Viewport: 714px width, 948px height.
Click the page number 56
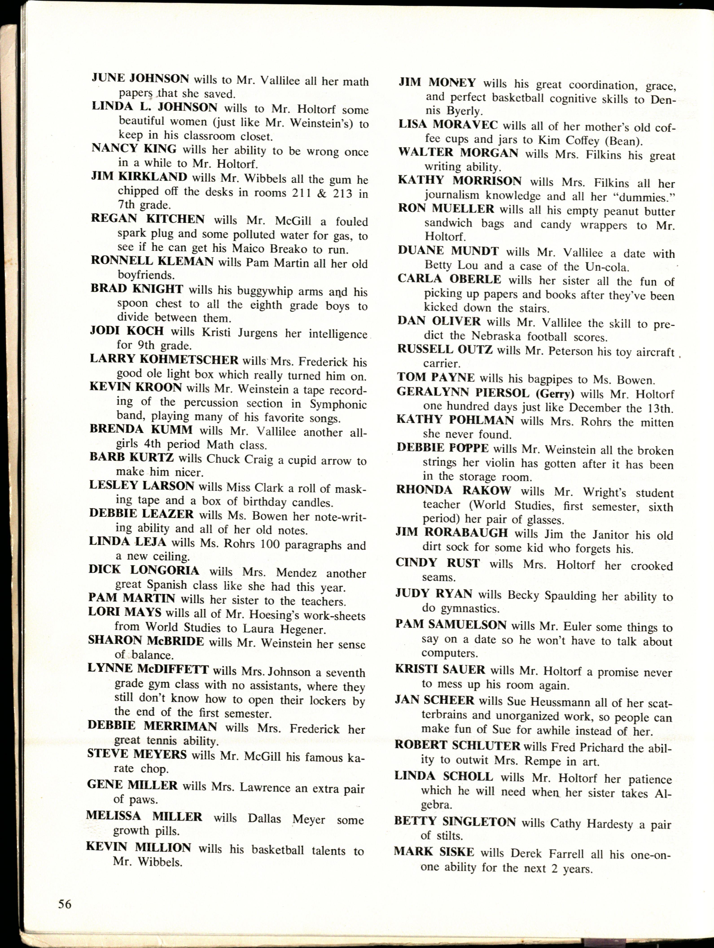tap(65, 904)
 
